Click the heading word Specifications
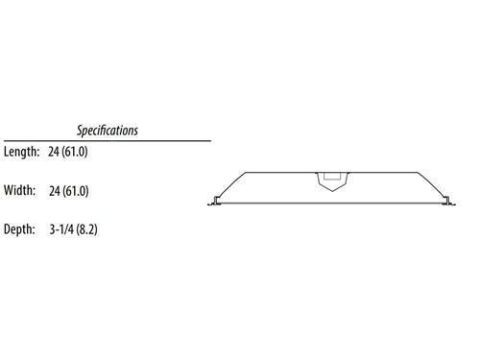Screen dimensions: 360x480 108,130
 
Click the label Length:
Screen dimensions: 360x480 20,152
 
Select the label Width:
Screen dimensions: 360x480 20,191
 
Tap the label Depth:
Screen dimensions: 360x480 20,229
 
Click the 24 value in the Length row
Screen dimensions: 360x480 53,152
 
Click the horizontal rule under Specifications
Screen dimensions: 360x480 106,140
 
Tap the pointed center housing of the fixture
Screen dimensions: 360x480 330,181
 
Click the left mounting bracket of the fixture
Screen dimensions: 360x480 213,202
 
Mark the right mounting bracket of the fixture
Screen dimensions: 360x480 447,202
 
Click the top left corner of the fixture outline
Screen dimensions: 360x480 246,173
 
